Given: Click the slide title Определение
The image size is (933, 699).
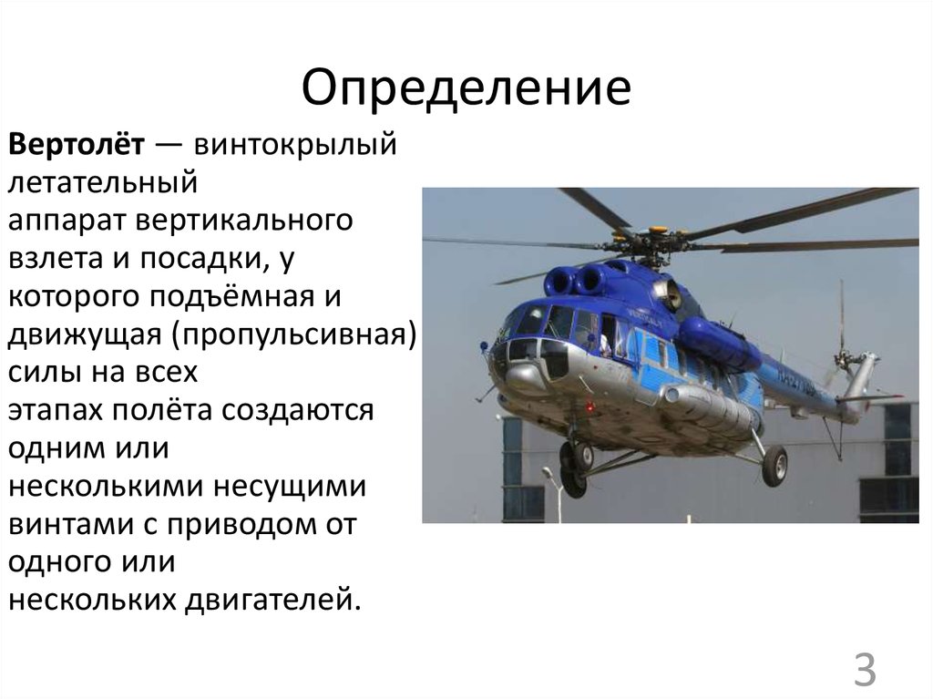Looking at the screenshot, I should tap(466, 88).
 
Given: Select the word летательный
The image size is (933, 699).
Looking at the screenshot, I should tap(103, 182).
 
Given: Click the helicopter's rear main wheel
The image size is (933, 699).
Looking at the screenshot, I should tap(774, 465).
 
